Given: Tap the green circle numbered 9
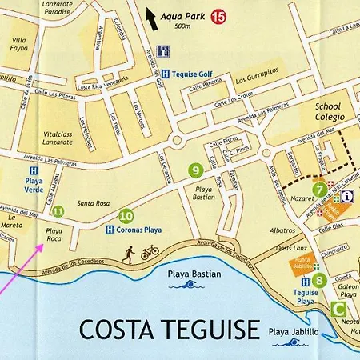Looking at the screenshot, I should click(x=195, y=170).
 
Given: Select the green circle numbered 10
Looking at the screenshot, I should click(x=126, y=215).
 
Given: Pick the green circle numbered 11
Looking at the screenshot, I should click(x=58, y=212).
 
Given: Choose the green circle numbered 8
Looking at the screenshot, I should click(x=319, y=279).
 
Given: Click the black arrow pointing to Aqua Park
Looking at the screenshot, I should click(x=151, y=17).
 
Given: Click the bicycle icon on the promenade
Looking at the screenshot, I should click(x=150, y=253).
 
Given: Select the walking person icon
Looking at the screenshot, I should click(x=129, y=253).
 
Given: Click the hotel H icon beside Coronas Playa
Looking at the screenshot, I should click(x=110, y=230).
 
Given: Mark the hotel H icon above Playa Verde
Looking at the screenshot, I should click(x=33, y=170).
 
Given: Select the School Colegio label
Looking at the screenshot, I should click(x=327, y=111).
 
